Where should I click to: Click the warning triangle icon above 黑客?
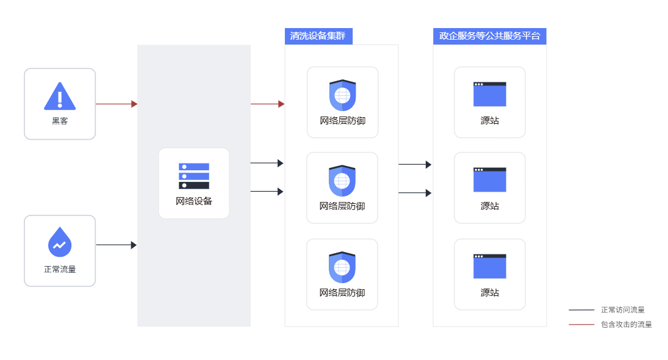coord(60,96)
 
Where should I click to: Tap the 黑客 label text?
coord(60,121)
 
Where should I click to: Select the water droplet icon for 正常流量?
coord(60,242)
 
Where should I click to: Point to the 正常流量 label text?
coord(60,269)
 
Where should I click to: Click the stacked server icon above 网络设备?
coord(194,176)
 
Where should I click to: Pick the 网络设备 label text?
coord(194,201)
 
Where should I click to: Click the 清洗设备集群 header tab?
coord(318,36)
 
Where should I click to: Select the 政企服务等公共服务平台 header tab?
coord(489,36)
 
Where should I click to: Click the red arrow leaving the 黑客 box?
coord(117,104)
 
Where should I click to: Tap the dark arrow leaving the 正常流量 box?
coord(117,245)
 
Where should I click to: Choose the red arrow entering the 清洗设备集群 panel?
coord(268,104)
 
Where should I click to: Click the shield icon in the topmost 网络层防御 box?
coord(342,95)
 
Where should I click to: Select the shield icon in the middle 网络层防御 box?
coord(342,181)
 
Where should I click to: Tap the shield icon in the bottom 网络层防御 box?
coord(342,267)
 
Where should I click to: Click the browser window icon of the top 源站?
coord(490,94)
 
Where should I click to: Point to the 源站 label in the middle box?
coord(490,206)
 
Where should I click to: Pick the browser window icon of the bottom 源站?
coord(490,266)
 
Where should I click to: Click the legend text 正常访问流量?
coord(623,310)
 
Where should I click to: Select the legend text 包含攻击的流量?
coord(627,325)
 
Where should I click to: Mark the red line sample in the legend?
coord(581,325)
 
